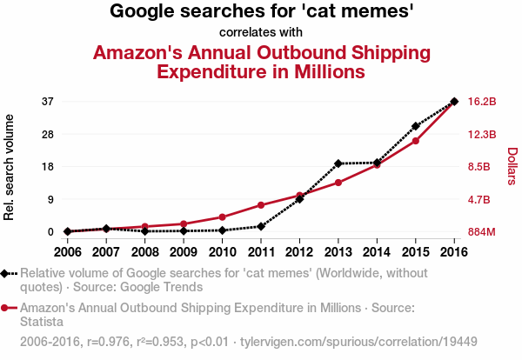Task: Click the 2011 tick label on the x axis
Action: [260, 252]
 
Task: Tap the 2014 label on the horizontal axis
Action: [377, 252]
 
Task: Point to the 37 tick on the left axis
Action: [48, 102]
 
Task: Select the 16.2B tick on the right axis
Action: [482, 102]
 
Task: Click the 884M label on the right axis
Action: [482, 232]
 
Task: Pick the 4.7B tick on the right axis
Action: [480, 200]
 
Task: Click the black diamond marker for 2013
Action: [338, 163]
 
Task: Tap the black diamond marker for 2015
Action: [416, 126]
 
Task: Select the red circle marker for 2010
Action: [222, 217]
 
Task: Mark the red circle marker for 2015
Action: [416, 141]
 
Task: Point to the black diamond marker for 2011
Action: [260, 226]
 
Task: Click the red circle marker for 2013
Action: [338, 183]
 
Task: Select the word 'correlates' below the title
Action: [248, 33]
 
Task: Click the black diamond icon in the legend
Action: [6, 273]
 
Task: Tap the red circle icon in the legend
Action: [6, 308]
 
